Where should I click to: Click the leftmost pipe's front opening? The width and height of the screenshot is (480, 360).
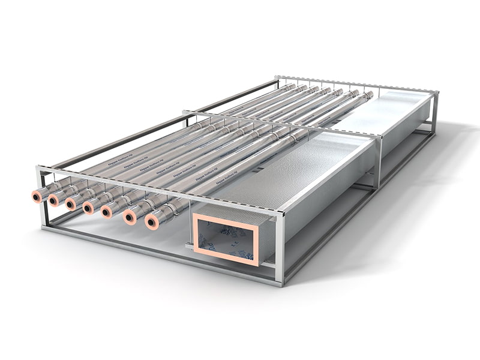pos(38,196)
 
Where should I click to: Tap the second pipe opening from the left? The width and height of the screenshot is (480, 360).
pos(54,200)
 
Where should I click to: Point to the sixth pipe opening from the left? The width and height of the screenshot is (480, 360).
pos(130,217)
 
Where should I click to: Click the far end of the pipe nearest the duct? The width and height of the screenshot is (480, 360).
pos(369,95)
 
